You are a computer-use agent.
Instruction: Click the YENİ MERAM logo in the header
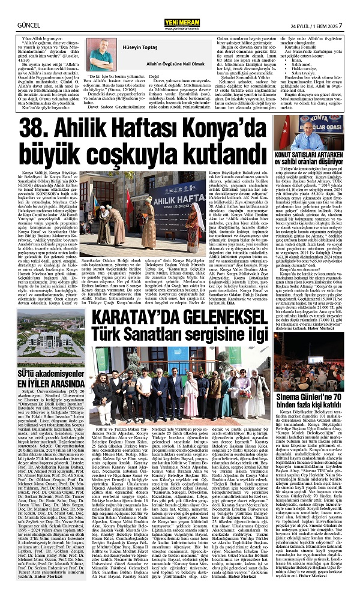click(x=179, y=7)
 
